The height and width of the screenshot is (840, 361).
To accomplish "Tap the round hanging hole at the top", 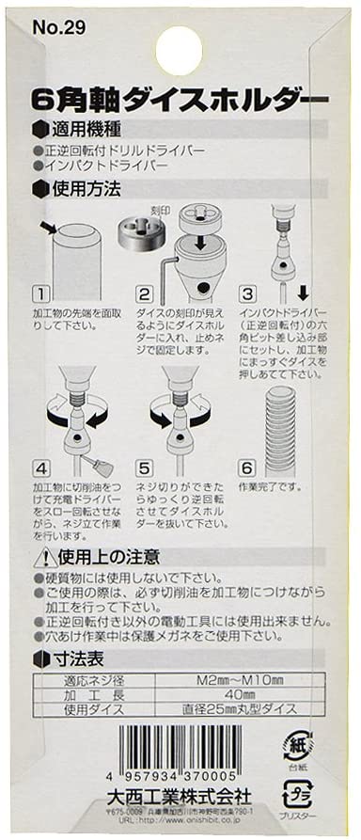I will pyautogui.click(x=179, y=48).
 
